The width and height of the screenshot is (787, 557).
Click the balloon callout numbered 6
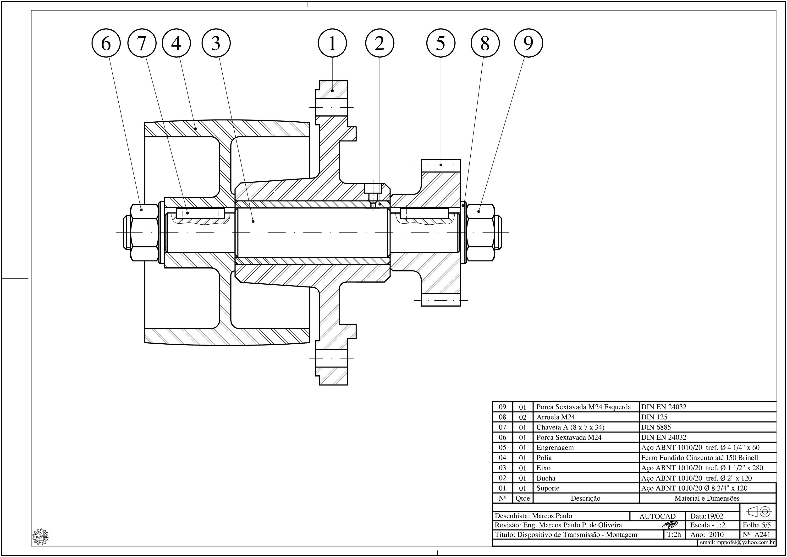coord(106,43)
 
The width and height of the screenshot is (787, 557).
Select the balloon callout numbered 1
coord(332,43)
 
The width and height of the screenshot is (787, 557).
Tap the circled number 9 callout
coord(528,43)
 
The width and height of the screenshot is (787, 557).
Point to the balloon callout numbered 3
coord(216,43)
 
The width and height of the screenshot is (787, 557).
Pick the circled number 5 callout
coord(441,43)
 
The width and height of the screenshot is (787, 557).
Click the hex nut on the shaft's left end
coord(144,233)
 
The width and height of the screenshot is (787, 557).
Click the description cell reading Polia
coord(544,458)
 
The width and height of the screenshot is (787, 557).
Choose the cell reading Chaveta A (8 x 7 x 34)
coord(570,427)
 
